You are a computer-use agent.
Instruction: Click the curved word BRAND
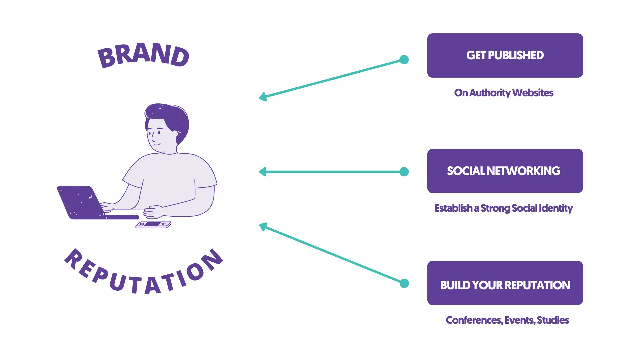(x=143, y=55)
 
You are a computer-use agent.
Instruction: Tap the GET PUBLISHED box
(x=505, y=55)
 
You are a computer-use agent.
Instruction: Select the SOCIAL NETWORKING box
(x=505, y=171)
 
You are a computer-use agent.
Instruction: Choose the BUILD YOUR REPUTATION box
(x=505, y=283)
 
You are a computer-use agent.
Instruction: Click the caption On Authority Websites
(x=503, y=93)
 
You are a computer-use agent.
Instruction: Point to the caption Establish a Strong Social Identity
(x=503, y=208)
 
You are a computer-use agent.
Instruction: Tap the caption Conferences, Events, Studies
(x=507, y=320)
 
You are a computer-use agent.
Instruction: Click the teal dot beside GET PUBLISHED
(x=404, y=60)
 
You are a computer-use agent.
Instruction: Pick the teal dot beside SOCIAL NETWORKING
(x=404, y=172)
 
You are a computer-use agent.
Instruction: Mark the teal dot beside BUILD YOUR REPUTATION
(x=404, y=283)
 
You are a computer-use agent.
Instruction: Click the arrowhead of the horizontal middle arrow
(x=263, y=172)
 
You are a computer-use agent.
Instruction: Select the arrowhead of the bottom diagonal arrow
(x=263, y=227)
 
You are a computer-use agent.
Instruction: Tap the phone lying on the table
(x=153, y=225)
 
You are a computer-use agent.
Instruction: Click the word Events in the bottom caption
(x=519, y=320)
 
